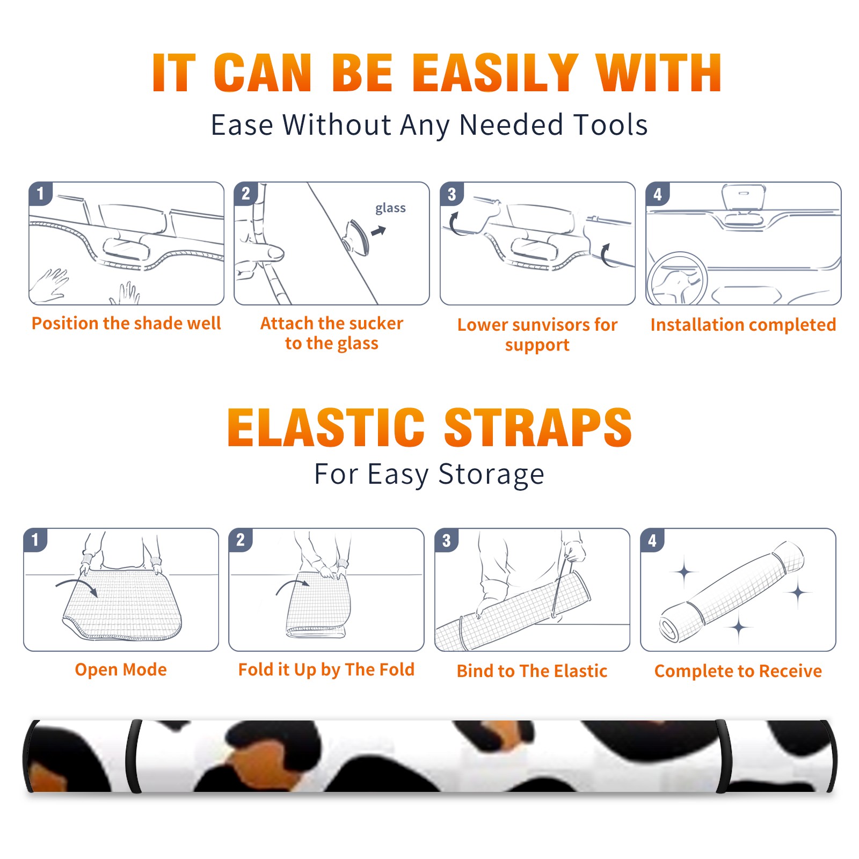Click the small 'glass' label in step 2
390,208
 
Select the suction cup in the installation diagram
356,237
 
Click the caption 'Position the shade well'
126,323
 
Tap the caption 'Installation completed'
743,324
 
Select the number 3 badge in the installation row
452,194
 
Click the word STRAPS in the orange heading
538,427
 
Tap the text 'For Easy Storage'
429,475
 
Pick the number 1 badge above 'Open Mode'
35,540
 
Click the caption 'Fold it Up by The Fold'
326,669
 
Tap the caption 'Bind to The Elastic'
532,671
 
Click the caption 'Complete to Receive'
738,671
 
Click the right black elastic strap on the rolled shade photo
723,756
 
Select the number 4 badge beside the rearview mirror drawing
658,194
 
